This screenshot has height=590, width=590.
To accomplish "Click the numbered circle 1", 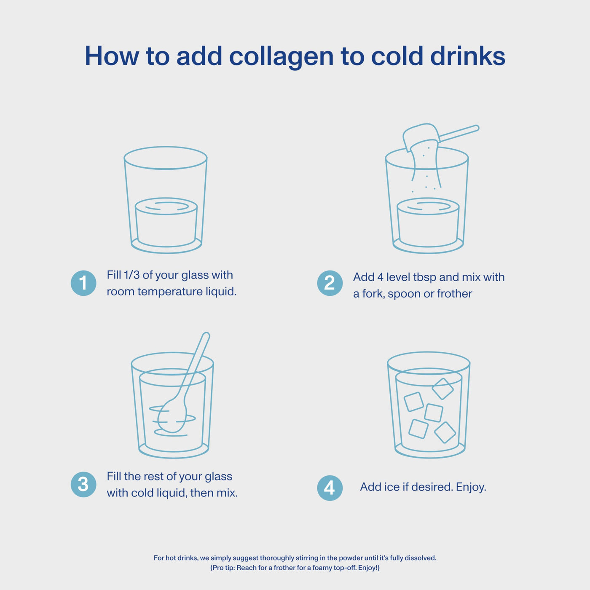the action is click(83, 283).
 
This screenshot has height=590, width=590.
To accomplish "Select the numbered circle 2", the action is click(330, 283).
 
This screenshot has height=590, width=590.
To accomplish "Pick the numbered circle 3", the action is click(83, 484).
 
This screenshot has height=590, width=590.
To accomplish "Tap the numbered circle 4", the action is click(330, 488).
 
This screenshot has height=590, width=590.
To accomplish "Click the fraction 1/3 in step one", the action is click(131, 275).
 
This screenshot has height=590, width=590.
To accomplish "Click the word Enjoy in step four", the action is click(470, 487).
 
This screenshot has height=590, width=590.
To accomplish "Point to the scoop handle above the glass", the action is click(459, 133).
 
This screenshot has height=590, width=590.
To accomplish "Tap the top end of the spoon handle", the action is click(206, 335).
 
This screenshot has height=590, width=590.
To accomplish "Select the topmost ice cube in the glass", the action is click(442, 389).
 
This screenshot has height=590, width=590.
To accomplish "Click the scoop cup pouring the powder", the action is click(421, 136).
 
